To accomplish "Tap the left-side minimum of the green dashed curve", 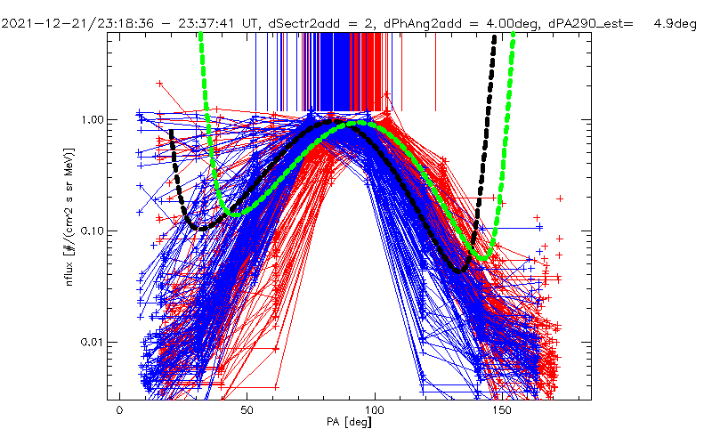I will pyautogui.click(x=233, y=213).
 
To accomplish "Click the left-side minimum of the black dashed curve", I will pyautogui.click(x=200, y=228).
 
